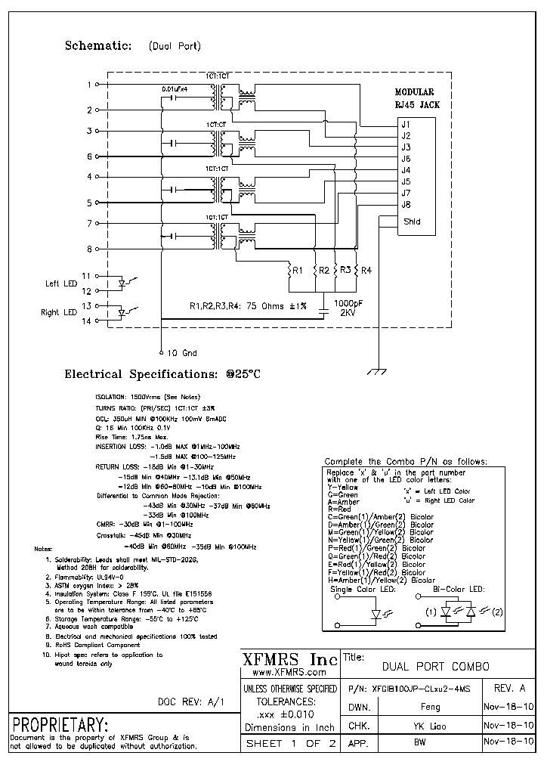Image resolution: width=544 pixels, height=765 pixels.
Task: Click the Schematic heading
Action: (x=99, y=45)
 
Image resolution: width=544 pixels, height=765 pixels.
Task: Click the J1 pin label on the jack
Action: (x=406, y=124)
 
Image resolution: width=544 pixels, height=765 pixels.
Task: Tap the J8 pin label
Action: (x=406, y=204)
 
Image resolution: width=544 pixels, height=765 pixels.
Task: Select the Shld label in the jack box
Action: (x=411, y=221)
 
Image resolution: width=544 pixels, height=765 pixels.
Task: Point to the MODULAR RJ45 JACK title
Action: (x=417, y=98)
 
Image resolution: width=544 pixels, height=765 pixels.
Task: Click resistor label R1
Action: (x=298, y=270)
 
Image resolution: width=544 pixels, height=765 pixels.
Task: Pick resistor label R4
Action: (x=366, y=270)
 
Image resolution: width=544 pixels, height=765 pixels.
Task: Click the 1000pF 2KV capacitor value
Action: (x=348, y=307)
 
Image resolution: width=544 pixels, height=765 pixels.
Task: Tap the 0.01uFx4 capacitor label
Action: (x=176, y=89)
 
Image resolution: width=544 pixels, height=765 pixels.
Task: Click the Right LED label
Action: (x=60, y=312)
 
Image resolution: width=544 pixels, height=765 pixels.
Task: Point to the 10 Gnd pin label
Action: (x=181, y=353)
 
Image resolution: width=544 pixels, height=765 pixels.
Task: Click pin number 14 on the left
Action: (x=86, y=321)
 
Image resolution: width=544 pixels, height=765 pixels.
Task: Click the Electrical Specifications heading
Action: (x=162, y=374)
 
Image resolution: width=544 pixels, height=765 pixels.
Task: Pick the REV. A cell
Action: (x=509, y=689)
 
